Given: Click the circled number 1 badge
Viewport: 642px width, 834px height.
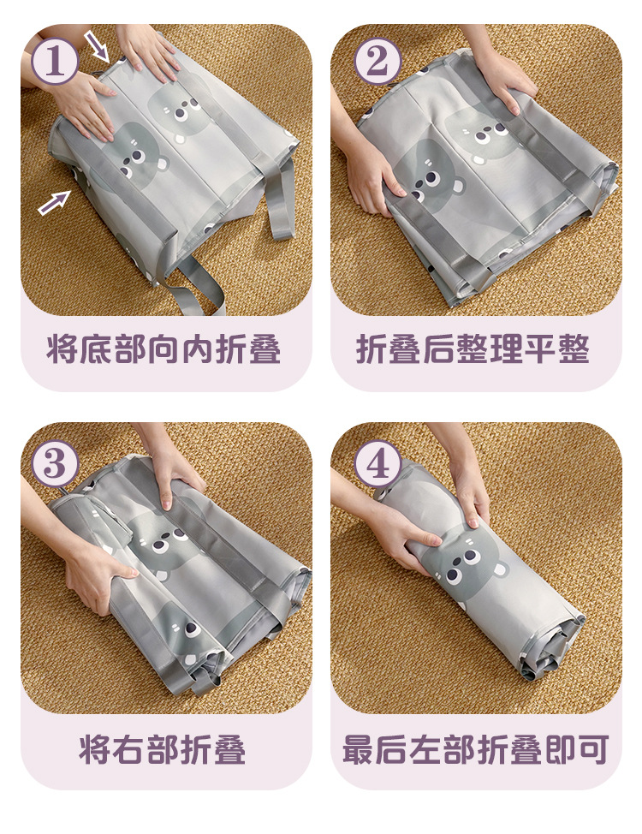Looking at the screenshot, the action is (56, 61).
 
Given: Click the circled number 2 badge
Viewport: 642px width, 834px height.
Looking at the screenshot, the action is (377, 61).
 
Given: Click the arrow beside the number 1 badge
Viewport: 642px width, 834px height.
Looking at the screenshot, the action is (97, 47).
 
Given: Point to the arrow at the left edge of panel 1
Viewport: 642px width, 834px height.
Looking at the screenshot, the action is (54, 203).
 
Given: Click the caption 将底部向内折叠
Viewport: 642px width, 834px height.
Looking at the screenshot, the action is (163, 349).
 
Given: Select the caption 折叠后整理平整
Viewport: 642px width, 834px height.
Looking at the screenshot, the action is (473, 349).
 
